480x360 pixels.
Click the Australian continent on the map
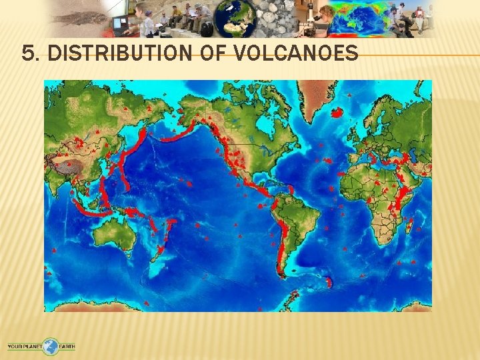point(115,234)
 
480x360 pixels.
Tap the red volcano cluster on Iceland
point(337,113)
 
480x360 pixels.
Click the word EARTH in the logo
point(67,347)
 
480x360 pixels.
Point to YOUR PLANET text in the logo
point(25,347)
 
